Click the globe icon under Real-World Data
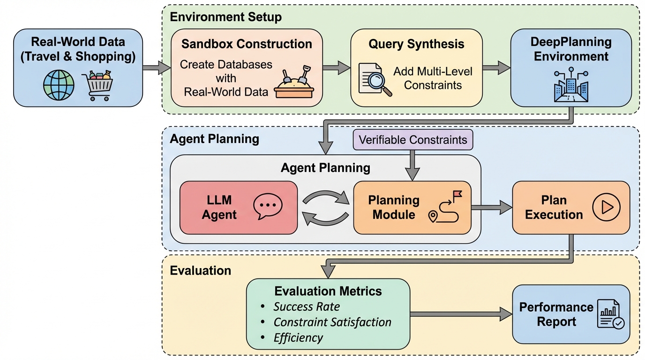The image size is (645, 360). point(59,86)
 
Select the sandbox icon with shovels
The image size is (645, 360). point(294,83)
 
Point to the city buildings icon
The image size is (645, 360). point(570,87)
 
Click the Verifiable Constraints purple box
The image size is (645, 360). point(412,140)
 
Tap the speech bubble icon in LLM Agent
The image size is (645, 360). point(268,207)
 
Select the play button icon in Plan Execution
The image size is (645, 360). point(606,207)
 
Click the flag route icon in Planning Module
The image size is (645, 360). point(445,207)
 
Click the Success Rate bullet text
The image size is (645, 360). point(307,307)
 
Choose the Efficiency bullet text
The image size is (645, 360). point(298,337)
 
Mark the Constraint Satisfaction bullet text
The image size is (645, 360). point(332,322)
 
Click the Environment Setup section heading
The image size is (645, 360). point(225,17)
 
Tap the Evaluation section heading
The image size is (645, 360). point(200,270)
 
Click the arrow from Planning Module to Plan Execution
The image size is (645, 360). point(491,207)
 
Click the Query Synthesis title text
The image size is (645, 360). point(416,44)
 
